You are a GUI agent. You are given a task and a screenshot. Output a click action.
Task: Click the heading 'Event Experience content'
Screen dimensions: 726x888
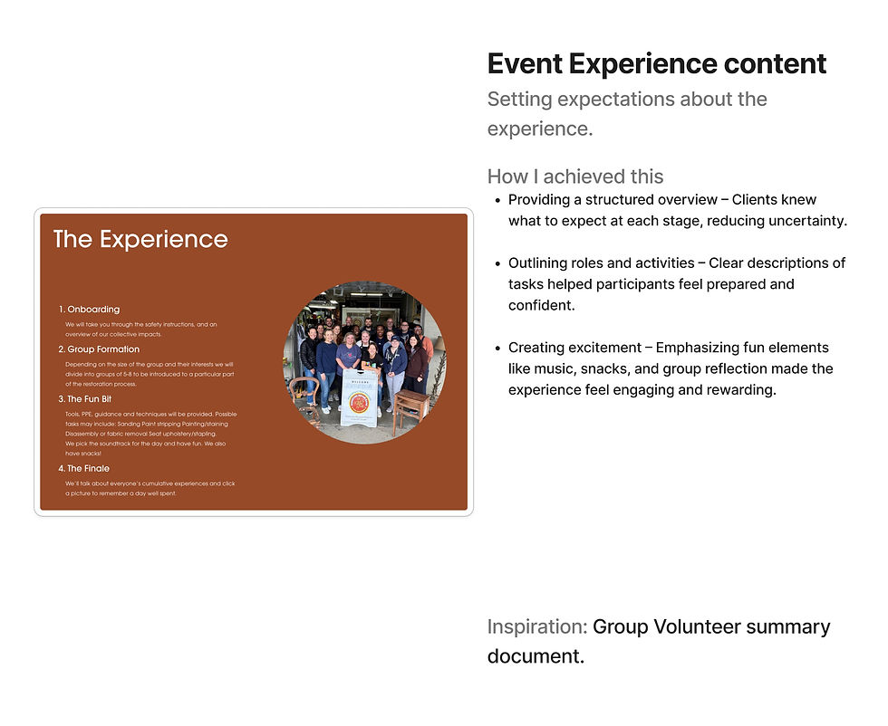pos(656,64)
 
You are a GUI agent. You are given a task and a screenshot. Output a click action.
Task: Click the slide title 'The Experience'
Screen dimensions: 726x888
pos(140,240)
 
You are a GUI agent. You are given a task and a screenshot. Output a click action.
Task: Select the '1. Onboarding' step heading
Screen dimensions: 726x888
pos(90,310)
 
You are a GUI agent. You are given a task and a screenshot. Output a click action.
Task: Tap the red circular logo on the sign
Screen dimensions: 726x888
pos(359,402)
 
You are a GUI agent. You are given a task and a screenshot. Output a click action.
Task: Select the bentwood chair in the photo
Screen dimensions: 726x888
pos(305,395)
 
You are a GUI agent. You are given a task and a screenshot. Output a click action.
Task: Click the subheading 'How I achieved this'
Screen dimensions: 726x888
pos(574,177)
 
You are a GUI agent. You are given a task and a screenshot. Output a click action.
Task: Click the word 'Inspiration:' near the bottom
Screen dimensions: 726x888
pos(537,627)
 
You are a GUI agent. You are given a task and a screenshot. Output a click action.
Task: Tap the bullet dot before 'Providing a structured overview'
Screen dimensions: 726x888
pos(497,200)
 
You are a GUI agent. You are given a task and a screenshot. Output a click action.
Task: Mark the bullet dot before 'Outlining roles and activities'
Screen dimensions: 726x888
pos(497,263)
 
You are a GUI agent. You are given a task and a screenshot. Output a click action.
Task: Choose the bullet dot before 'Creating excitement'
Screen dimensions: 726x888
pos(497,349)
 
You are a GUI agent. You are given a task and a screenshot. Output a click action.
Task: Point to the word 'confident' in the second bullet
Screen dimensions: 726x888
pos(540,306)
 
